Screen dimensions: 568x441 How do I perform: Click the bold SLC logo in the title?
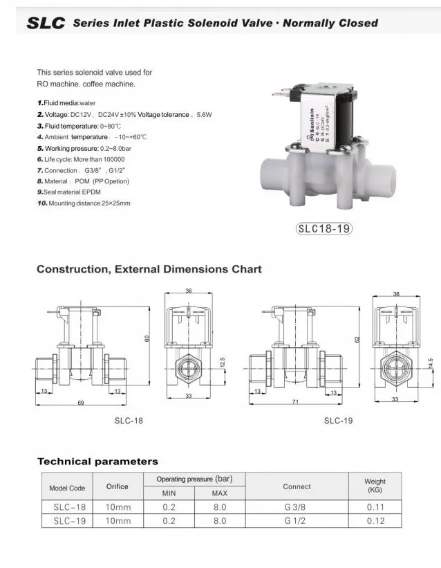(46, 23)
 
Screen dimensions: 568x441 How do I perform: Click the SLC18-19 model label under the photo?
(323, 228)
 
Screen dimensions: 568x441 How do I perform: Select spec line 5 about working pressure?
(84, 148)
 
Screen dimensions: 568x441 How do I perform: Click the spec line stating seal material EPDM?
(69, 192)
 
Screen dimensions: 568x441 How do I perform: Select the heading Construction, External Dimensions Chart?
(149, 269)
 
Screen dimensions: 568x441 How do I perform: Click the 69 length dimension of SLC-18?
(81, 402)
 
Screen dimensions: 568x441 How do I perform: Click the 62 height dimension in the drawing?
(357, 340)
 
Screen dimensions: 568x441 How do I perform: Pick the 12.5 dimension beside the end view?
(222, 363)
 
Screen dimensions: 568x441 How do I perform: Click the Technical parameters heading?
(97, 461)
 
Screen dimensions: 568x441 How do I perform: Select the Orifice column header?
(117, 486)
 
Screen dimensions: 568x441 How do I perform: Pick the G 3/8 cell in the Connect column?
(295, 507)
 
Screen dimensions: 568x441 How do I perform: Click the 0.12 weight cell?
(375, 521)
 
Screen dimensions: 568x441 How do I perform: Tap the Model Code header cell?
(67, 488)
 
